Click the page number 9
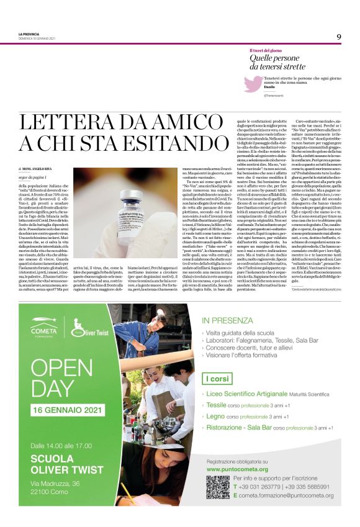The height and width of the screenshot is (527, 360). (339, 37)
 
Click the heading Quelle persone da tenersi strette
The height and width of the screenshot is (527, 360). (277, 62)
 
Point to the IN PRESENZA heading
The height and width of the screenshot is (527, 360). (225, 321)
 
